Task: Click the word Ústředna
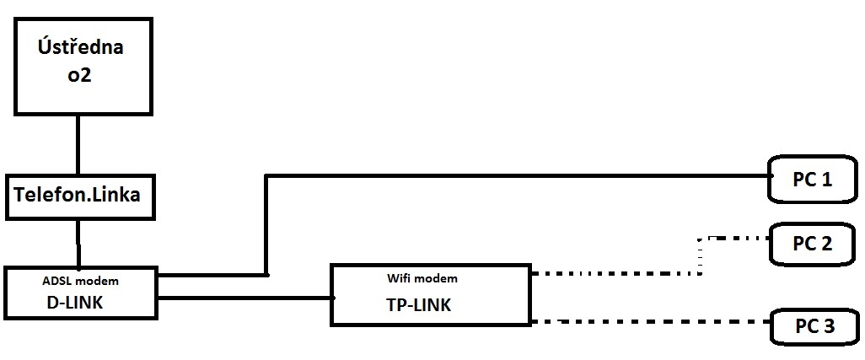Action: coord(81,46)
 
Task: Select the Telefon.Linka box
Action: coord(81,196)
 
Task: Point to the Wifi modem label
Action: coord(421,277)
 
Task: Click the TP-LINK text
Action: coord(412,305)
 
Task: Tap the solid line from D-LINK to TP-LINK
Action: coord(244,298)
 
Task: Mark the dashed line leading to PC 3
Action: coord(649,322)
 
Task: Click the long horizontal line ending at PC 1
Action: coord(514,176)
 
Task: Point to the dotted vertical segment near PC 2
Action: coord(700,255)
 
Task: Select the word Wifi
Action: coord(400,277)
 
